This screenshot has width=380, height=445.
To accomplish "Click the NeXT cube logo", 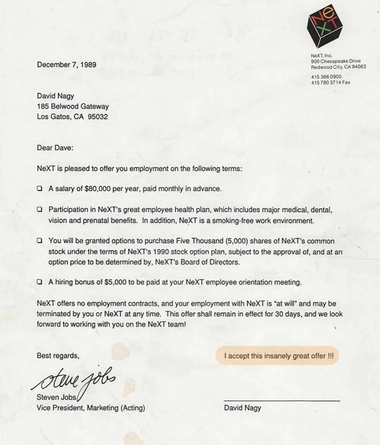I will (325, 26).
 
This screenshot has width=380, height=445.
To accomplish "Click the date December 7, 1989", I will (66, 65).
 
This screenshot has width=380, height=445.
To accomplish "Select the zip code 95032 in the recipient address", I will (98, 117).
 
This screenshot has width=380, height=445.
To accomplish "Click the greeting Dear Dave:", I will (55, 148).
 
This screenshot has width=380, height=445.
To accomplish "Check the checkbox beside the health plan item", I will (40, 209).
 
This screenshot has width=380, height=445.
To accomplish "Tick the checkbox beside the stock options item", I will (40, 241).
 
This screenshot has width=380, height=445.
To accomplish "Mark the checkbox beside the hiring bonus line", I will (40, 282).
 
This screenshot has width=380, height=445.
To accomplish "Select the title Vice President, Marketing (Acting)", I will (90, 408).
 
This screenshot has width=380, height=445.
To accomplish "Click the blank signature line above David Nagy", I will (282, 401).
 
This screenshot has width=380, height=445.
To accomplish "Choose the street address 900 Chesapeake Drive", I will (336, 61).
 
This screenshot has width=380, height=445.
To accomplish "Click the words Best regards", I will (58, 356).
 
